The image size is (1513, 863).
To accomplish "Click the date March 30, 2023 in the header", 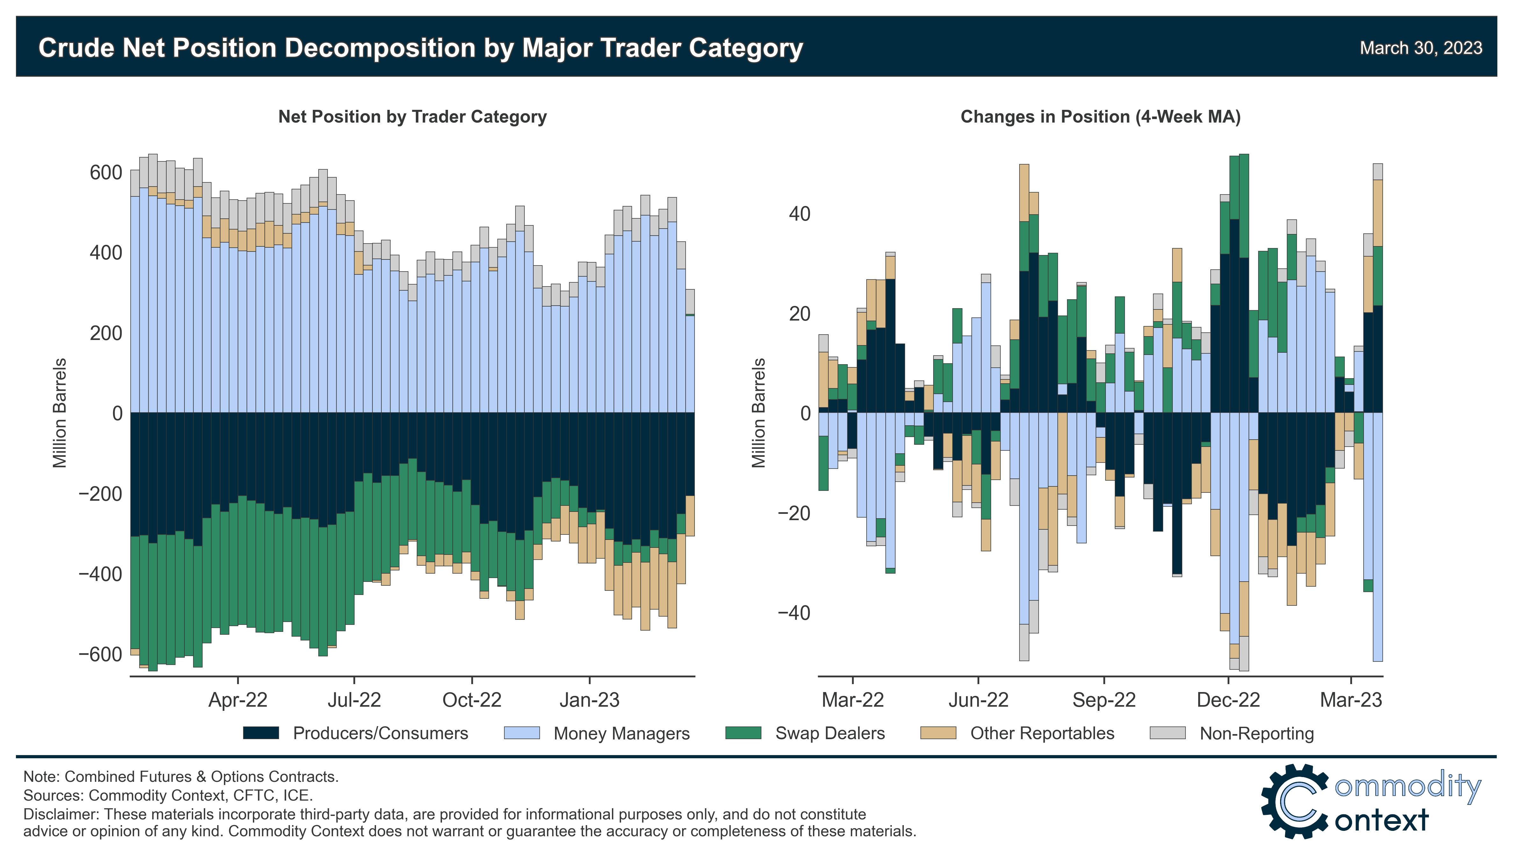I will coord(1421,48).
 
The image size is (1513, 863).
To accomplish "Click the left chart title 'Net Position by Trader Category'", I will coord(412,117).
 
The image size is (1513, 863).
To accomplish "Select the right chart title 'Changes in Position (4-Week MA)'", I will coord(1100,117).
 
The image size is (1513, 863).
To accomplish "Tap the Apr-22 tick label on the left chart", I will coord(238,700).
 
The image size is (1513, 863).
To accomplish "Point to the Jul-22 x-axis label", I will coord(354,700).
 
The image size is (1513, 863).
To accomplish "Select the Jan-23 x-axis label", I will coord(589,700).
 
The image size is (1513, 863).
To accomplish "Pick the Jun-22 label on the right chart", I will coord(978,700).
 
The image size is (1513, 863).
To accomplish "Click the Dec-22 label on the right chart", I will coord(1228,700).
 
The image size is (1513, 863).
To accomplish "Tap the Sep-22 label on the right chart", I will coord(1104,700).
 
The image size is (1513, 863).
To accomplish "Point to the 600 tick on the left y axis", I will coord(105,173).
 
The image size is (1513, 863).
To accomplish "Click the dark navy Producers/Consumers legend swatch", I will coord(261,733).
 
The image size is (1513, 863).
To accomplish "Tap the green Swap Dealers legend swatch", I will coord(743,733).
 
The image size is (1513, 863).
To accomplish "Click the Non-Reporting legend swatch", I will coord(1167,733).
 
